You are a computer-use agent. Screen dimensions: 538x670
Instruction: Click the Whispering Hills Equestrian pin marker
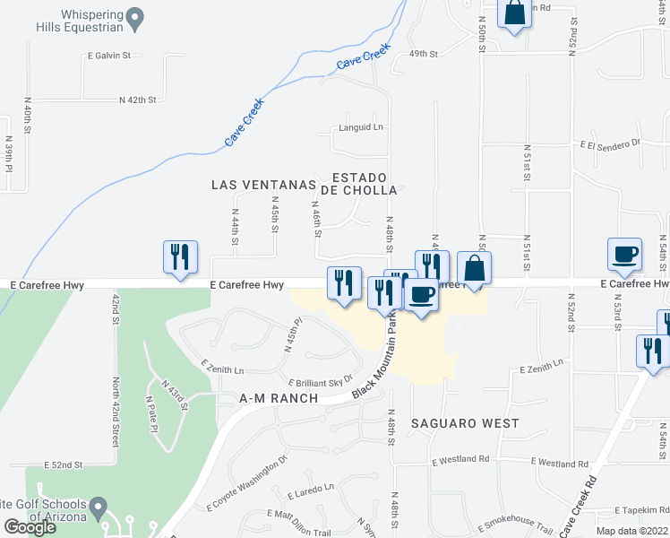coord(135,17)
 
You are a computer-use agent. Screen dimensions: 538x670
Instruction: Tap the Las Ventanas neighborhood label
coord(264,185)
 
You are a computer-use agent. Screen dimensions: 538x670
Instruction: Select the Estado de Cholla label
coord(365,184)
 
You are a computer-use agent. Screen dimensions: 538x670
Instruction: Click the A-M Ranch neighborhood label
coord(267,398)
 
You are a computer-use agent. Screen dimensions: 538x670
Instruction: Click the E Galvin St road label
coord(108,56)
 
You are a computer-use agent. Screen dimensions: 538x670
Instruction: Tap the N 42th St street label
coord(138,100)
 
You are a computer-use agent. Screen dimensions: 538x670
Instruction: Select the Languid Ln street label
coord(361,127)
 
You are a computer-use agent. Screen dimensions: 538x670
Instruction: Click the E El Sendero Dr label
coord(611,143)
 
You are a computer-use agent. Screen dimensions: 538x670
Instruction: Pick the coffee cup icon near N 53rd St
coord(624,255)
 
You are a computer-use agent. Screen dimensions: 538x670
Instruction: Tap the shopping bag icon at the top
coord(515,13)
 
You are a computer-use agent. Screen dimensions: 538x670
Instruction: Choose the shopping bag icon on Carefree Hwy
coord(474,268)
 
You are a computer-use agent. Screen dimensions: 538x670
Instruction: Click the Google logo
coord(29,527)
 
